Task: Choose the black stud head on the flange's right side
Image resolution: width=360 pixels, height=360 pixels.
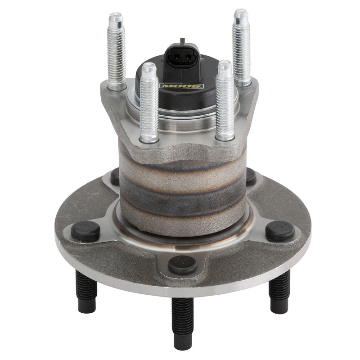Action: click(280, 230)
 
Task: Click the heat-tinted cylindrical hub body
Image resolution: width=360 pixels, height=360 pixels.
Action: click(182, 189)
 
